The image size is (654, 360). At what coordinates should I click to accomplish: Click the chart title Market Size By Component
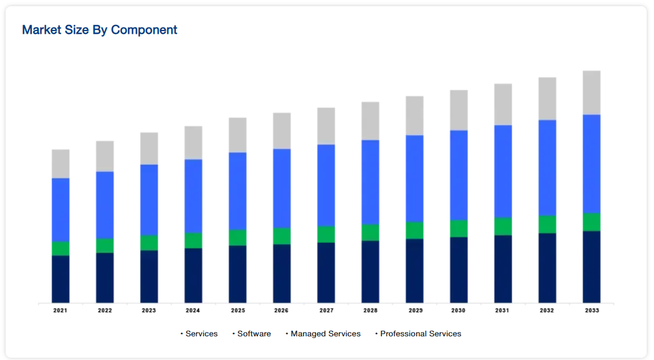click(99, 30)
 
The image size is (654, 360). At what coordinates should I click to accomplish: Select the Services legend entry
click(201, 334)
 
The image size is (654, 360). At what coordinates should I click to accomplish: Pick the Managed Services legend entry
click(325, 334)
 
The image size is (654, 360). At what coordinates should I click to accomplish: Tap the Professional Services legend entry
click(420, 334)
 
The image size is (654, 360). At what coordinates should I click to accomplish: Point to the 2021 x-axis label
click(60, 310)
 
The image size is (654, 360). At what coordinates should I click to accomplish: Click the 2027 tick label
click(326, 310)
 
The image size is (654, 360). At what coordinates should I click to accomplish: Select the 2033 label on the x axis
click(591, 310)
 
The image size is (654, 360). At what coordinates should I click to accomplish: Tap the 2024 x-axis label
click(193, 310)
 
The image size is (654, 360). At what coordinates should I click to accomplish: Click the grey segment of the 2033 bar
click(591, 92)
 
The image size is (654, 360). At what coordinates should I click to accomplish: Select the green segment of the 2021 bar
click(60, 248)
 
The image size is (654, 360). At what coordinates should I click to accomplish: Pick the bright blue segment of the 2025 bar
click(238, 191)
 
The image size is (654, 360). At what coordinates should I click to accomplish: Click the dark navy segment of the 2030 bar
click(459, 269)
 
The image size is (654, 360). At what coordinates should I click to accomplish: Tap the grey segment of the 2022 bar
click(105, 156)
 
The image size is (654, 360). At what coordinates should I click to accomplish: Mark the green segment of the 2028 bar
click(370, 233)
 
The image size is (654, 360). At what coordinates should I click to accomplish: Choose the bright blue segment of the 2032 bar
click(548, 167)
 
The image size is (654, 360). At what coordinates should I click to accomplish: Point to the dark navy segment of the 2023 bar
click(149, 276)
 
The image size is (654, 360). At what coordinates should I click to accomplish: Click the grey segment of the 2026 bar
click(282, 131)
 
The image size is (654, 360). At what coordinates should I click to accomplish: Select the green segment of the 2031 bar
click(503, 226)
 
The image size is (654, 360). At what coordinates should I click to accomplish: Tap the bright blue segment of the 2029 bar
click(415, 179)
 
